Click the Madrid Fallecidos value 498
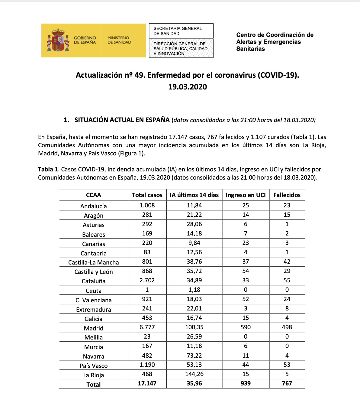(287, 327)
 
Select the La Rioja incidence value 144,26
(194, 374)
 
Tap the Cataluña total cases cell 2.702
(147, 280)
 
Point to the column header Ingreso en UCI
(246, 195)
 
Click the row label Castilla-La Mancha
(94, 262)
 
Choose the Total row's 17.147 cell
(147, 383)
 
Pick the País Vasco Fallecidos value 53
(287, 365)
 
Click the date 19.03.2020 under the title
(188, 87)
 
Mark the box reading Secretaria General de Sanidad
(181, 31)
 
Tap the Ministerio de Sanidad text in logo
(119, 40)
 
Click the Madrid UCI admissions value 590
(246, 327)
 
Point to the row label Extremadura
(94, 310)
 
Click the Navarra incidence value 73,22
(194, 356)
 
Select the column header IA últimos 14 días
(194, 195)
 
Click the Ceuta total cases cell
(147, 290)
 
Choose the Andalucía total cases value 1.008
(147, 205)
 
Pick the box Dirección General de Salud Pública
(181, 48)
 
